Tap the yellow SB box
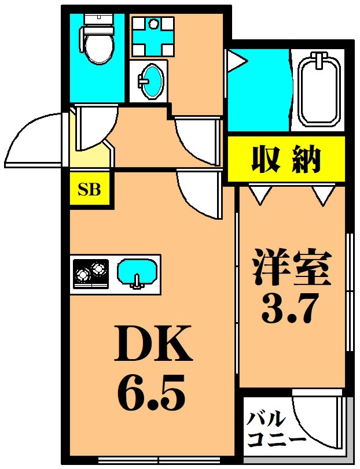(90, 189)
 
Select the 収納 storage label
(285, 159)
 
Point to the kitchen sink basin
(137, 271)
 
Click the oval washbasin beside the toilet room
(152, 81)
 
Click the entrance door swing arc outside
(32, 139)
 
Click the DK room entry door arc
(197, 194)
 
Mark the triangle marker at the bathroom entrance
(236, 60)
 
